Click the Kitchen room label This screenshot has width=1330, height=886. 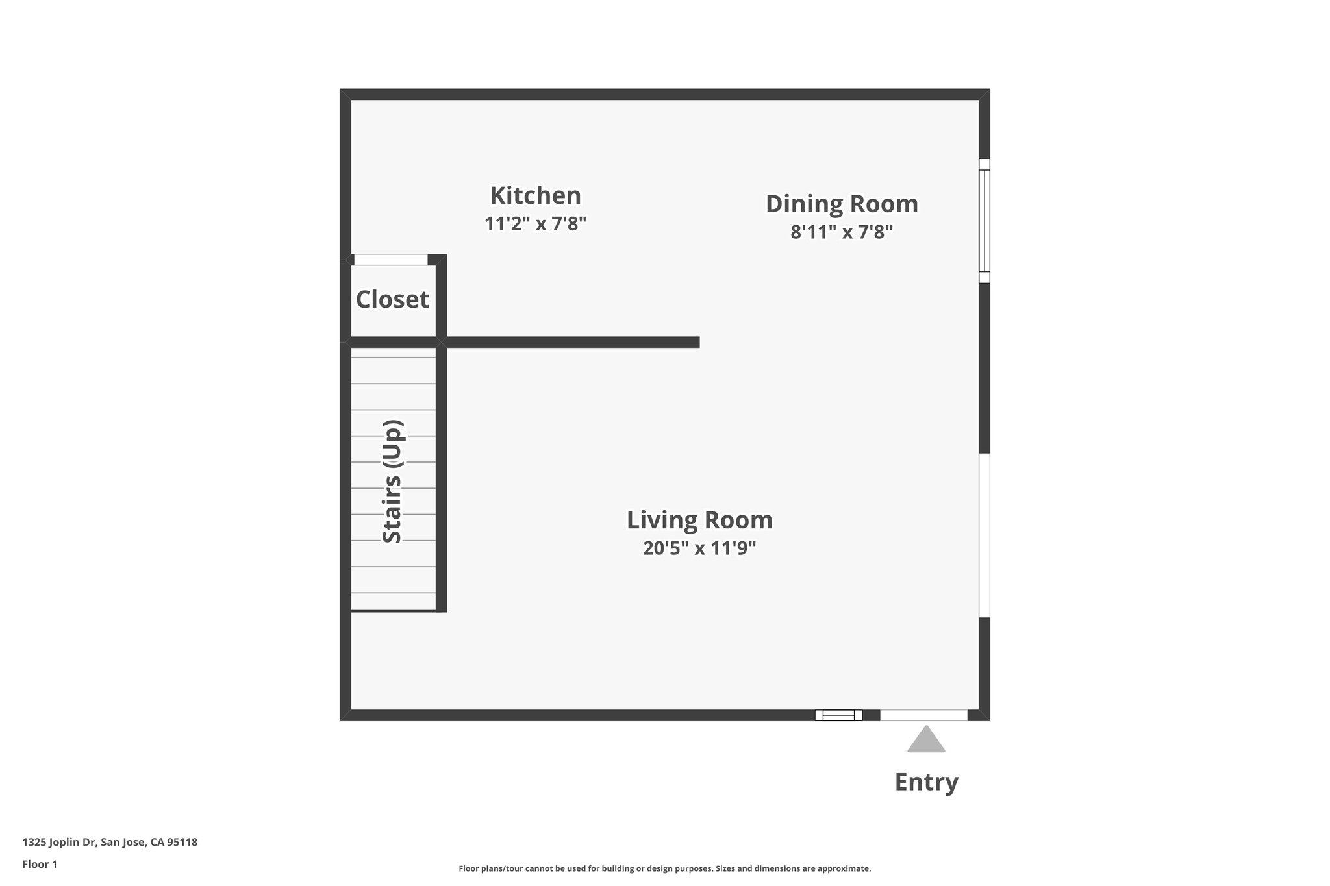point(535,195)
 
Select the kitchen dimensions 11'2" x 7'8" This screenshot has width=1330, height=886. point(535,224)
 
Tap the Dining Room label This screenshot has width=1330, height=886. point(842,204)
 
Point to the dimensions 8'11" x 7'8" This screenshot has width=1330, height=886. point(842,232)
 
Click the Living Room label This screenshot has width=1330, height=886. point(699,520)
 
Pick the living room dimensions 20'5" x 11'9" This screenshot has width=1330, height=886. point(699,548)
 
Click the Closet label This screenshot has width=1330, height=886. point(392,300)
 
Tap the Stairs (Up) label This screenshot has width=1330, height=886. point(392,482)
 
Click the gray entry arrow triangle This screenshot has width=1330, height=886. point(926,741)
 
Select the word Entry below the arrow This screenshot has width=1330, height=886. point(926,782)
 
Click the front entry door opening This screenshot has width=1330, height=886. point(923,715)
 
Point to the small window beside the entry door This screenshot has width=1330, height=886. point(838,715)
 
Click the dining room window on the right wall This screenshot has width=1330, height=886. point(985,221)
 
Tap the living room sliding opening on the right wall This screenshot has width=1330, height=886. point(985,535)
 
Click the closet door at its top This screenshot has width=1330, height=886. point(390,260)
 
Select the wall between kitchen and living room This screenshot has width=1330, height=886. point(571,342)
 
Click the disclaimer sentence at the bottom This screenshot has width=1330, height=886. point(664,868)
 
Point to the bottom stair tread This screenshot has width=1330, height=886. point(394,602)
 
